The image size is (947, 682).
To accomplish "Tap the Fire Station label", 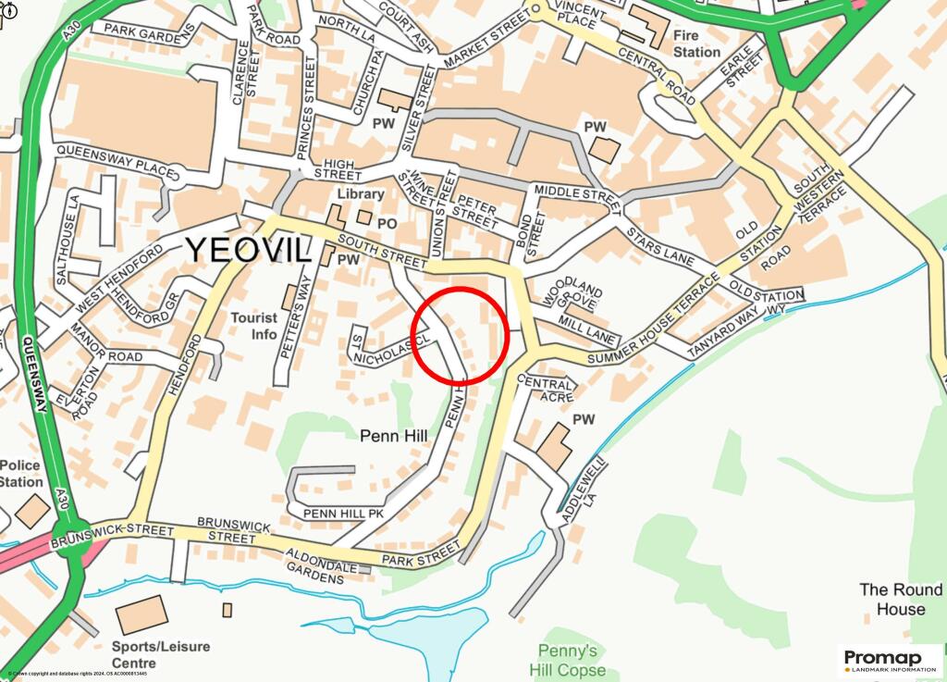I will [x=696, y=43].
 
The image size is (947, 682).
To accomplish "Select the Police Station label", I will [x=20, y=473].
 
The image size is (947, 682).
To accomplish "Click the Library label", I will [x=360, y=193].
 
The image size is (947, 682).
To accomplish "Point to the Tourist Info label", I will [x=253, y=326].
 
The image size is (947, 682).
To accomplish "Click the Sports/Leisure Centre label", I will [x=161, y=654].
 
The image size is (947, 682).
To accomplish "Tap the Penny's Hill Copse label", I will [x=568, y=660].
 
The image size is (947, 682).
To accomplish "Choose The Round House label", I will [x=901, y=599].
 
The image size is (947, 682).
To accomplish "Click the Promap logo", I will [x=890, y=660].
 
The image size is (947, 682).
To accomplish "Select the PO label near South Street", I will [x=387, y=223].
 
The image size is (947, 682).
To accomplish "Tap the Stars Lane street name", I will [x=660, y=245].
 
